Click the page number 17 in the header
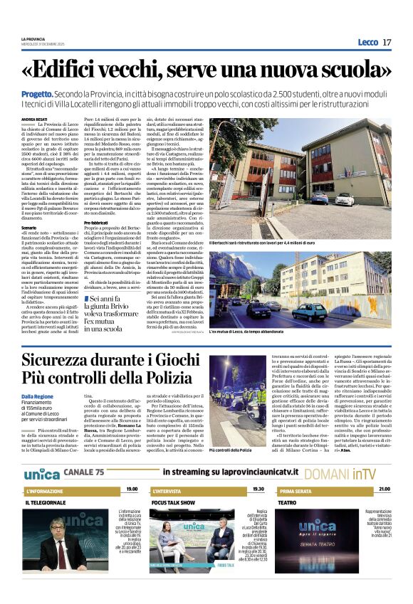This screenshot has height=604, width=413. pyautogui.click(x=387, y=42)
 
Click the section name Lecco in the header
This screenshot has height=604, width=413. pyautogui.click(x=368, y=42)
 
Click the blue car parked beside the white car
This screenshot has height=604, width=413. pyautogui.click(x=320, y=198)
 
